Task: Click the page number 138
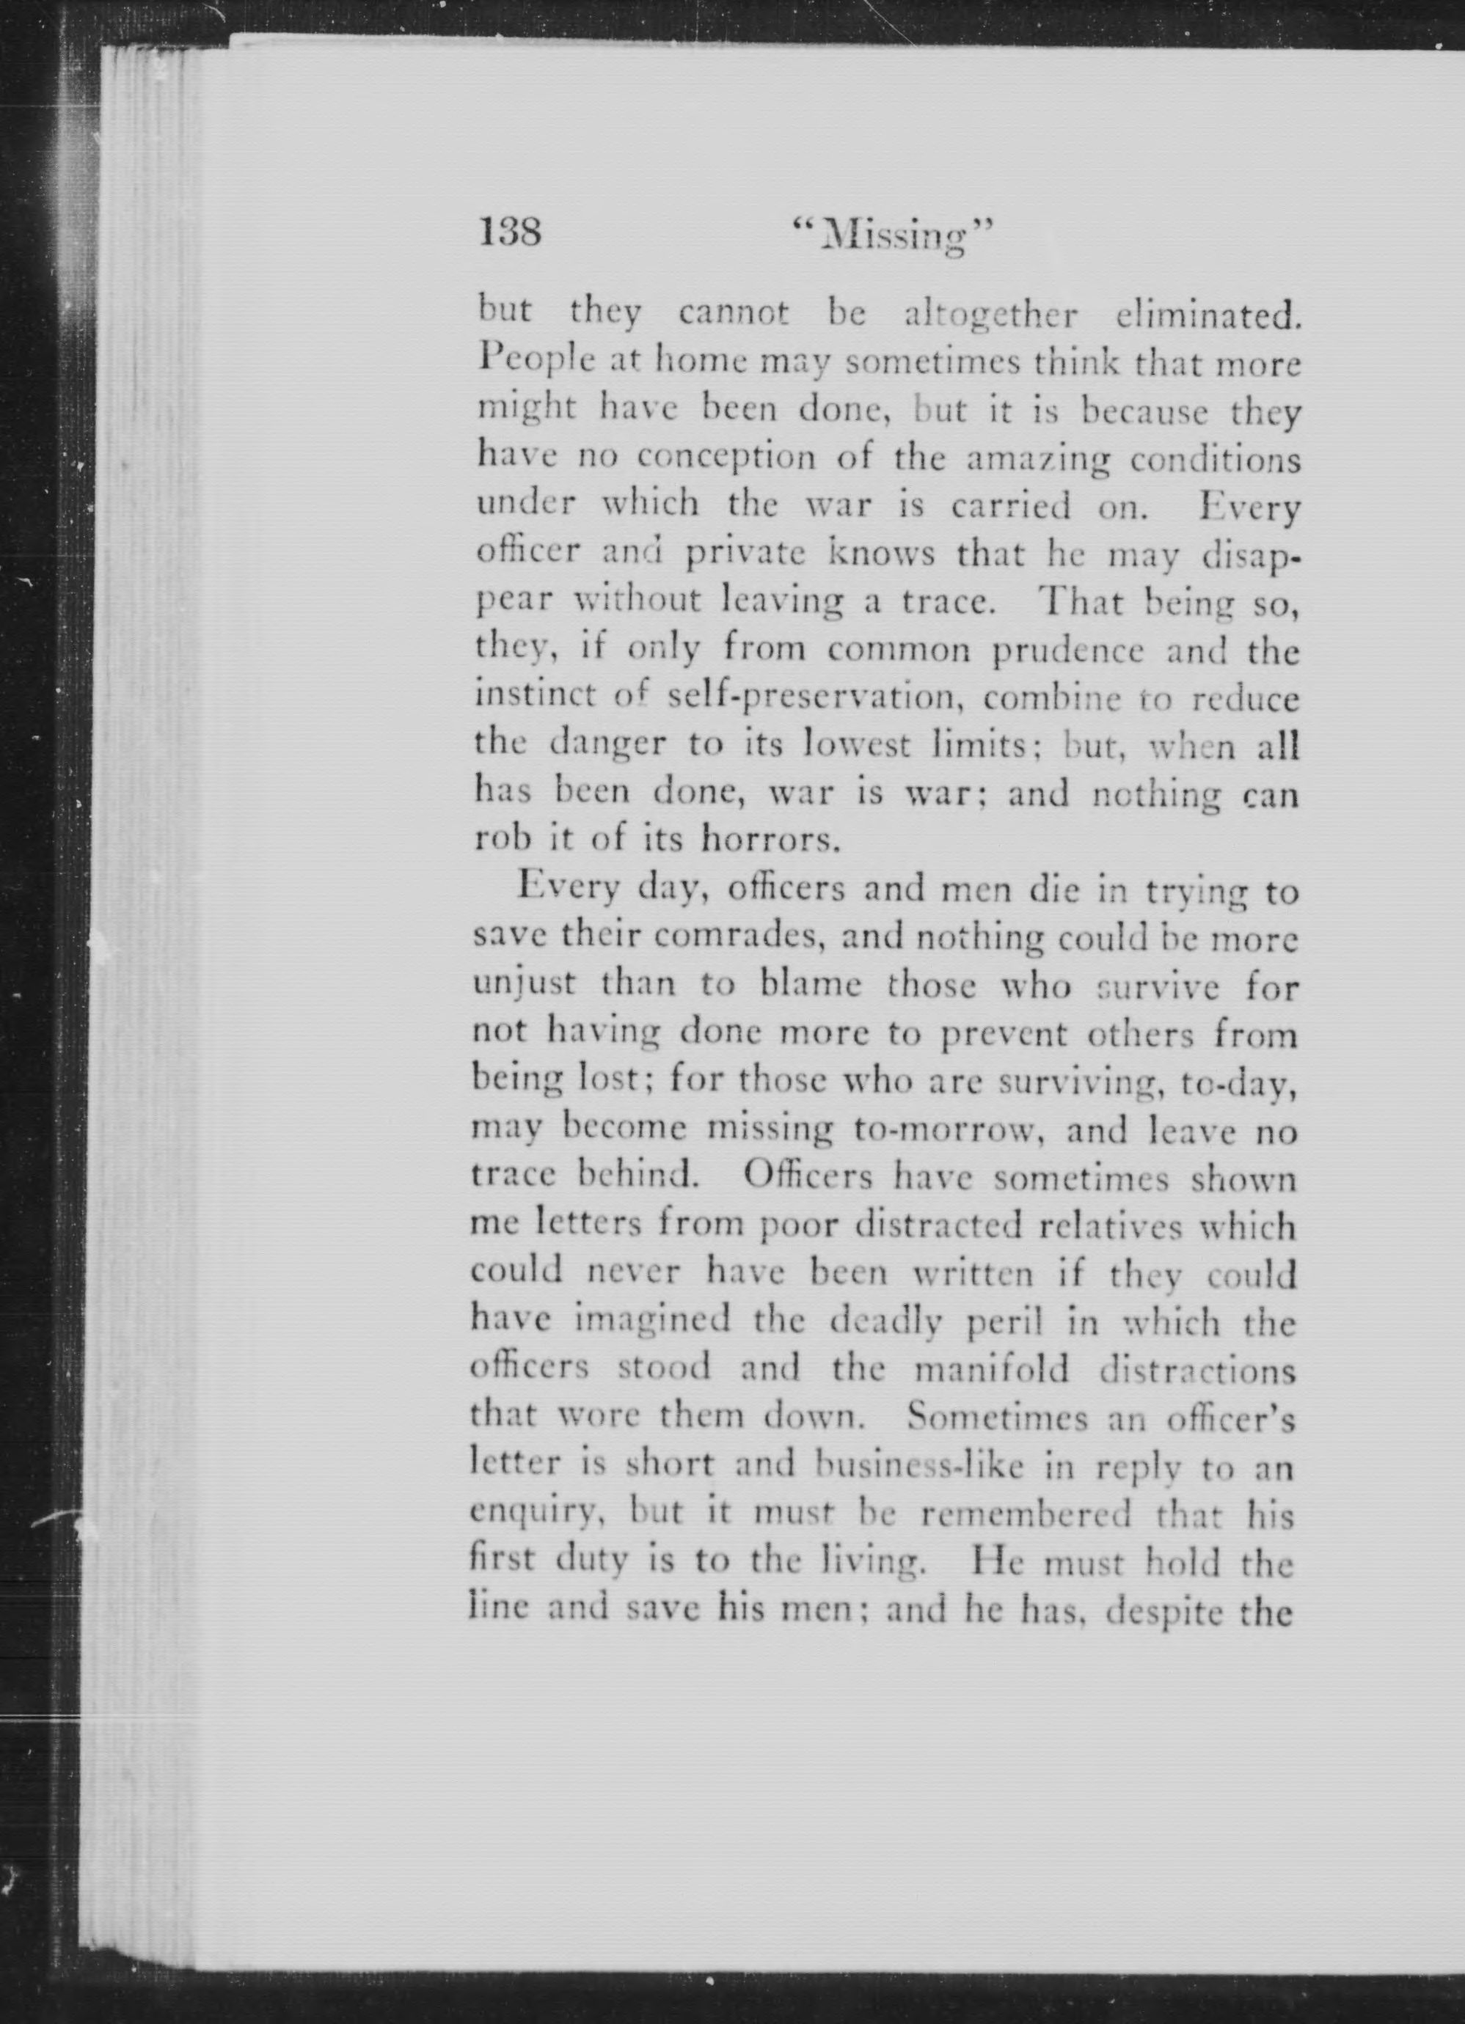point(510,235)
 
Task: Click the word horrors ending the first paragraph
point(771,840)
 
